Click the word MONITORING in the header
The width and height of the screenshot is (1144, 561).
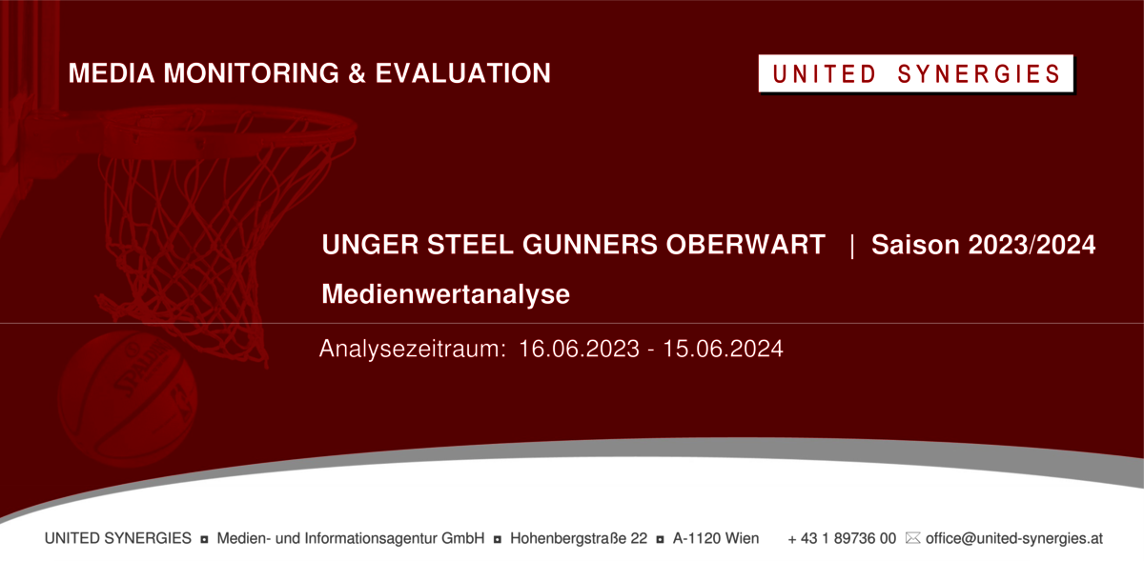click(252, 73)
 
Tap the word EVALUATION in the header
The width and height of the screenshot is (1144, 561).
click(463, 73)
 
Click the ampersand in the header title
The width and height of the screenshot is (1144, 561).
click(357, 73)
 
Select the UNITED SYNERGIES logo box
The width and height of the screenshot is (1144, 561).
click(916, 73)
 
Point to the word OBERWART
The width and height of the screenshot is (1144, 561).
click(746, 245)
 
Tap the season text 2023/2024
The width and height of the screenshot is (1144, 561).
click(1032, 245)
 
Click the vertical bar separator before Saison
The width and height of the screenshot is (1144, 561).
click(852, 246)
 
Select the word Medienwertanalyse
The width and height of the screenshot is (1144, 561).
click(445, 294)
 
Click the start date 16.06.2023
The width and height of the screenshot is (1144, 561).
click(580, 350)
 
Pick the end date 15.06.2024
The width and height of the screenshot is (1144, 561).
click(723, 350)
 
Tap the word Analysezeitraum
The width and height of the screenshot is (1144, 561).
click(413, 350)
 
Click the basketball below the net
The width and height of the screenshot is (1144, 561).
click(128, 399)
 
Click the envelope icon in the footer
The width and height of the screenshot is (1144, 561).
click(912, 538)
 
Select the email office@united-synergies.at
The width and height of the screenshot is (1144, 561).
click(1014, 538)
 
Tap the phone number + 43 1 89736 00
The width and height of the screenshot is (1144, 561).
click(842, 538)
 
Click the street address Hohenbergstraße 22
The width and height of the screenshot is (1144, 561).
click(579, 538)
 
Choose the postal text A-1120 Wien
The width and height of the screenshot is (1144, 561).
click(716, 538)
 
